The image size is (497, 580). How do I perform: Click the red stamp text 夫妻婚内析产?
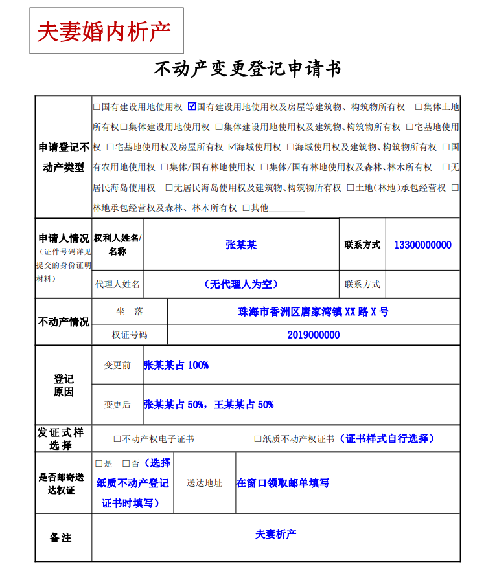click(x=104, y=31)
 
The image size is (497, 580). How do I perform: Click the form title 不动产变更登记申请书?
click(x=248, y=69)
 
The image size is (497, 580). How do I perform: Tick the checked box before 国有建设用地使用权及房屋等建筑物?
click(x=192, y=106)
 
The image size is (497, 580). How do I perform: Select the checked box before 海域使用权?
click(x=232, y=147)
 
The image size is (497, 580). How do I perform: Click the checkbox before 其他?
click(x=246, y=208)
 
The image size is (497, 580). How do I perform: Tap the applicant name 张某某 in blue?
click(x=241, y=245)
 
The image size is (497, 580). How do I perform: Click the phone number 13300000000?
click(x=422, y=245)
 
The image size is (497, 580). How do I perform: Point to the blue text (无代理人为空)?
click(x=240, y=284)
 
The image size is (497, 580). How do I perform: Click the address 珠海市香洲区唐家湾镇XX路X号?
click(x=314, y=311)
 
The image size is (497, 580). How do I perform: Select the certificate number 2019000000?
click(x=314, y=335)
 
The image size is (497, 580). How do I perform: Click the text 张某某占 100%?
click(x=176, y=365)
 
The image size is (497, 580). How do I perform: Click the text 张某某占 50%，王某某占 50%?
click(x=209, y=405)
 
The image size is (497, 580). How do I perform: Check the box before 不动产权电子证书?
click(x=117, y=439)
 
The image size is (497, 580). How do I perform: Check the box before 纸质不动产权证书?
click(x=258, y=439)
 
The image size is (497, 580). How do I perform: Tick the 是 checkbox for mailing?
click(x=99, y=463)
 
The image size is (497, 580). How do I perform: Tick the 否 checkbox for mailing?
click(x=126, y=463)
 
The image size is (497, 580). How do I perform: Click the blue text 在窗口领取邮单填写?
click(x=283, y=483)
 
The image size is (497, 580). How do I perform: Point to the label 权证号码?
click(x=130, y=335)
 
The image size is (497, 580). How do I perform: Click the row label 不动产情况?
click(x=64, y=322)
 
